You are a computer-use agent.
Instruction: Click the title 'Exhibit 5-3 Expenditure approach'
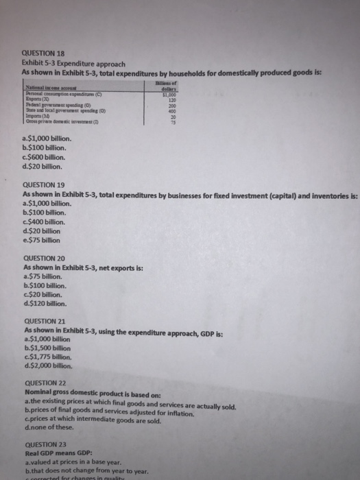73,62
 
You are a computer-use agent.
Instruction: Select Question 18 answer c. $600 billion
46,157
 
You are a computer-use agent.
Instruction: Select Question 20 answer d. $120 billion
47,302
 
